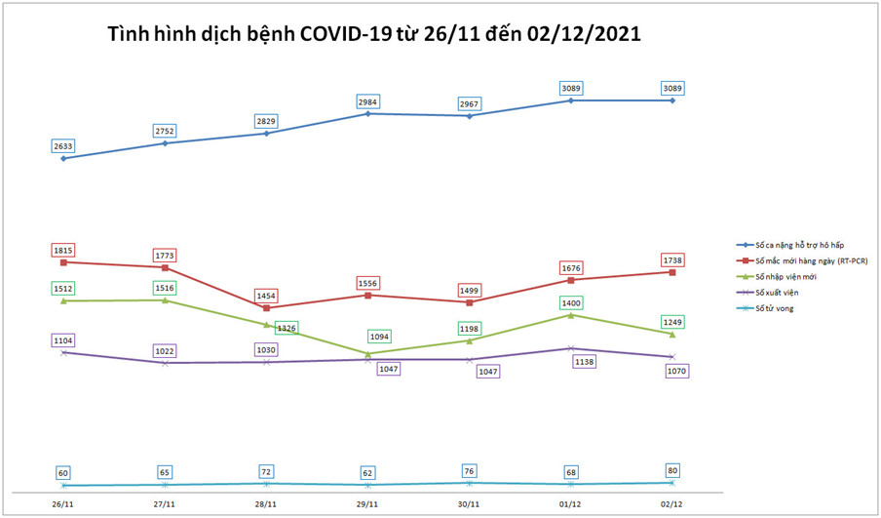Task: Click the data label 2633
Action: point(63,146)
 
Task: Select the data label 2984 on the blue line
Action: point(367,101)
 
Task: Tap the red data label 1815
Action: point(63,250)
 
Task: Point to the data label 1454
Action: point(266,295)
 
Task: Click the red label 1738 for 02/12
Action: point(671,259)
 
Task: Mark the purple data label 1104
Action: point(63,340)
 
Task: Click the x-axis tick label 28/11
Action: point(266,503)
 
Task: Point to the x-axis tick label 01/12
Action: point(570,503)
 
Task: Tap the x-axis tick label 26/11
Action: point(63,503)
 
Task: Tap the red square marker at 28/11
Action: point(266,308)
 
